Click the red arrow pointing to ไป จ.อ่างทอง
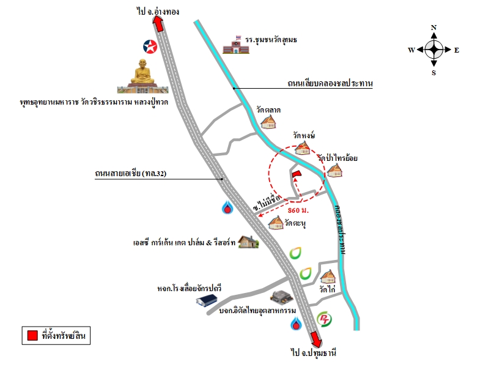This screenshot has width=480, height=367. [x=158, y=24]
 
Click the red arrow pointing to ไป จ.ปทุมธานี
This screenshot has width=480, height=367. [x=316, y=339]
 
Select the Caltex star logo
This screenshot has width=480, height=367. [x=150, y=46]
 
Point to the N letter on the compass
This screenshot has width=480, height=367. [x=434, y=28]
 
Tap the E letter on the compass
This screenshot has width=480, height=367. [x=457, y=50]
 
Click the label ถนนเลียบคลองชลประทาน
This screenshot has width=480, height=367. [x=330, y=83]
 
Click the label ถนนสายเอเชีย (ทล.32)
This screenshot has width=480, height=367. [x=131, y=173]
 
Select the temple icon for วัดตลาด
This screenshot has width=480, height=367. [x=268, y=122]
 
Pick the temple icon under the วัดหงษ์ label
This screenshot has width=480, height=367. [x=303, y=147]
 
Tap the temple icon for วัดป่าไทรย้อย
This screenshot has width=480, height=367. [x=334, y=171]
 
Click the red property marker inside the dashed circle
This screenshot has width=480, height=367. [x=297, y=174]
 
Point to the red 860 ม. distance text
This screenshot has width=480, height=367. [x=298, y=210]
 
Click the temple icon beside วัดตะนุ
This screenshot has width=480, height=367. [x=276, y=223]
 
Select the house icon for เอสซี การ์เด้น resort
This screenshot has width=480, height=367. [x=248, y=242]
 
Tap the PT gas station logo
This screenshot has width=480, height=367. [x=324, y=319]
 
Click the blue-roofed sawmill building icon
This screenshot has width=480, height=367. [x=207, y=300]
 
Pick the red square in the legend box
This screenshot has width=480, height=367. [x=32, y=335]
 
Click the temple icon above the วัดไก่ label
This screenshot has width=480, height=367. [x=328, y=276]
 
